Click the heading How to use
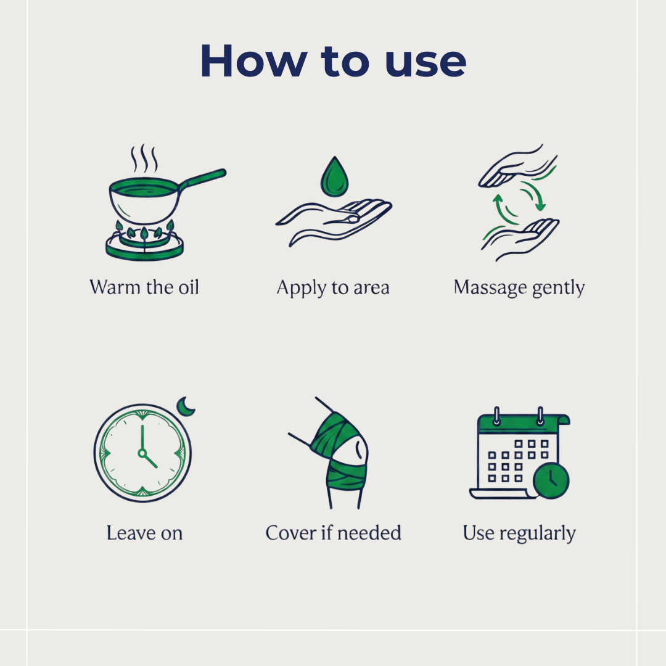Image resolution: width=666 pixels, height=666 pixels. pos(333,61)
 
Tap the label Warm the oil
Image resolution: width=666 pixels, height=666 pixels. pos(144,287)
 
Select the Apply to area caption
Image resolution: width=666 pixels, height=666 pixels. pos(333,288)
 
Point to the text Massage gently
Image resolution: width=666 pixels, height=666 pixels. pos(519,288)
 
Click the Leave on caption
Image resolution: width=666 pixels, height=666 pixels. pos(144,533)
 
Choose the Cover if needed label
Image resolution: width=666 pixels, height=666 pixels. pos(333,533)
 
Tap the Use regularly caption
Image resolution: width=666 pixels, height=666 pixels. pos(519,533)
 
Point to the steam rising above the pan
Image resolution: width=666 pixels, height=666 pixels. pos(144,158)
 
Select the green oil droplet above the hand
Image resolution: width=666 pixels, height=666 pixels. pos(335,178)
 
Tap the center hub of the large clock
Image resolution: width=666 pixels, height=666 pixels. pos(142,453)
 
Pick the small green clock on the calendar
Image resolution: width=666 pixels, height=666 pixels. pos(551,480)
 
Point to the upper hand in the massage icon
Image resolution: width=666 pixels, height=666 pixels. pos(517,167)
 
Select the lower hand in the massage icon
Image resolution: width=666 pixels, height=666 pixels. pos(520,239)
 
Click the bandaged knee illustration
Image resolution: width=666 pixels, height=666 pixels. pos(335,453)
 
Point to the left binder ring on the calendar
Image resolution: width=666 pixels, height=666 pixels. pos(496,416)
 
